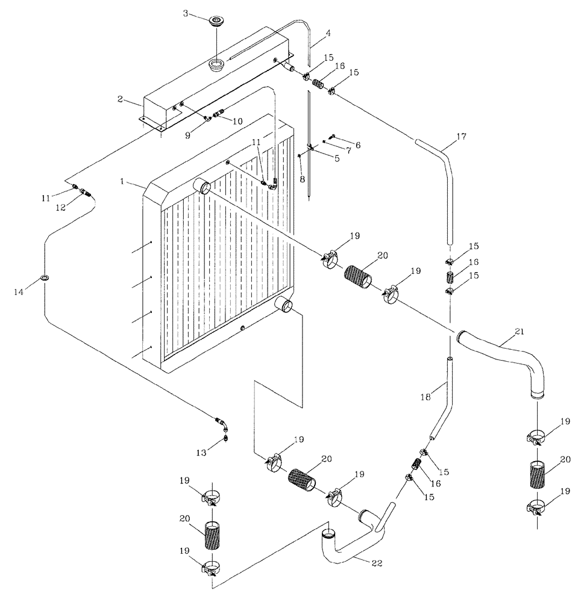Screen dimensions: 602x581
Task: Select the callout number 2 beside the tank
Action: click(121, 99)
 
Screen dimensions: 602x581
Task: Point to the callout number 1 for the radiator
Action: click(122, 181)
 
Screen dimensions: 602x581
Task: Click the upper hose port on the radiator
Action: click(202, 187)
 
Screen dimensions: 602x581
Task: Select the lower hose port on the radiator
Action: click(283, 305)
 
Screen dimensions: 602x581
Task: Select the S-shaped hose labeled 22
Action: click(350, 542)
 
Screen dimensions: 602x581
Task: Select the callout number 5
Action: click(337, 159)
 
